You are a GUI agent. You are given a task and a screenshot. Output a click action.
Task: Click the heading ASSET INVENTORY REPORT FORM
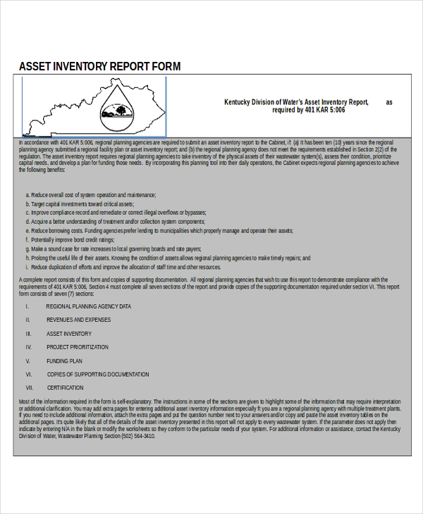(x=99, y=66)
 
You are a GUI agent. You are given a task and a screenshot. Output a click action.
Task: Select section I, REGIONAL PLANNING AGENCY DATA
(x=89, y=306)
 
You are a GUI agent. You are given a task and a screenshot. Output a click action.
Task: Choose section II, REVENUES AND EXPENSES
(x=78, y=320)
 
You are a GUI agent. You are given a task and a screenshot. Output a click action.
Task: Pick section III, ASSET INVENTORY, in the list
(x=69, y=334)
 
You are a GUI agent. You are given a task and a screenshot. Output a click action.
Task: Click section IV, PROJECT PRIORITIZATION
(x=78, y=347)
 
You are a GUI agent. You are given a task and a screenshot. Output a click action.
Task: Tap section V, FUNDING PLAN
(x=64, y=361)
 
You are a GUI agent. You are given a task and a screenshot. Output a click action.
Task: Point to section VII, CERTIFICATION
(x=66, y=387)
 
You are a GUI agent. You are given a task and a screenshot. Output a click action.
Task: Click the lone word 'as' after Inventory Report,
(x=388, y=102)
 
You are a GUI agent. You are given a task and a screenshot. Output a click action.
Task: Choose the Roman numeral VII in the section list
(x=30, y=387)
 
